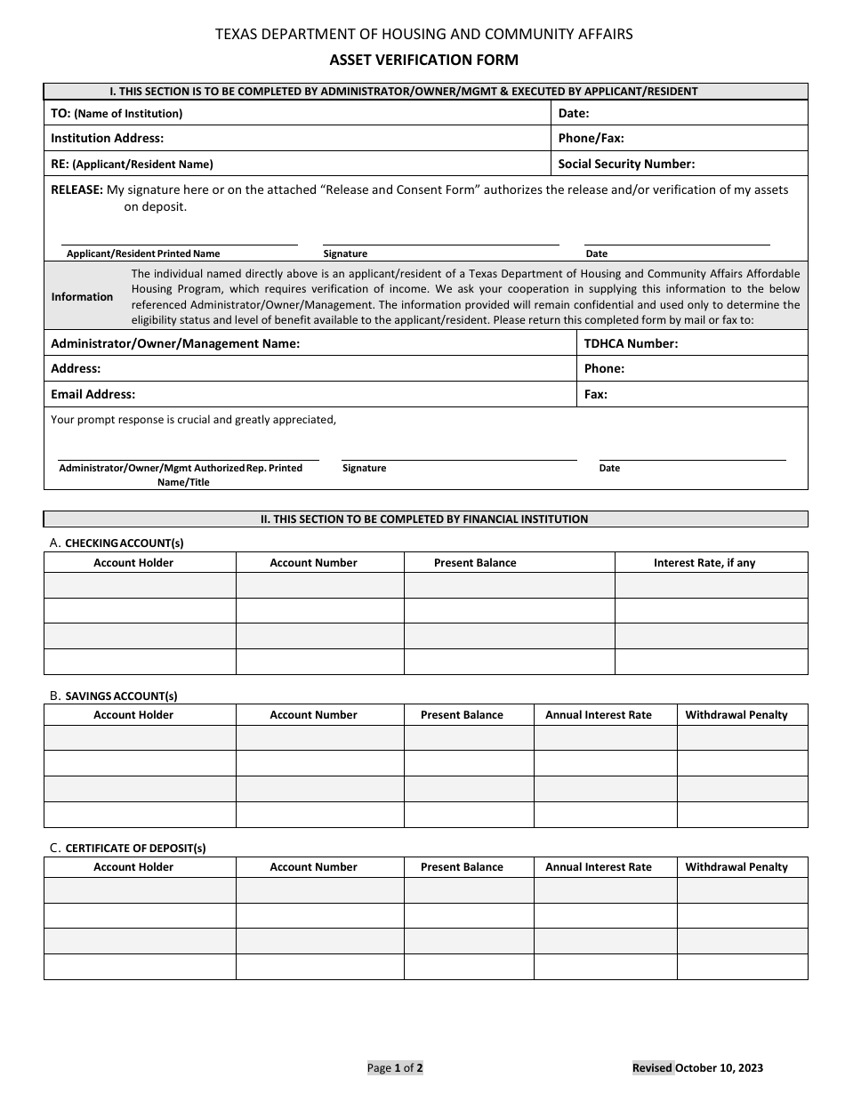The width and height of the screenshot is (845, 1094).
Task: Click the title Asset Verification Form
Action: (423, 60)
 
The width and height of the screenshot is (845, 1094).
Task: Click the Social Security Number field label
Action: (626, 164)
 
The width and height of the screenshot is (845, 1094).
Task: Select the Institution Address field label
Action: (107, 138)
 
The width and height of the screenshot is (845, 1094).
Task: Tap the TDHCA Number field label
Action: (631, 343)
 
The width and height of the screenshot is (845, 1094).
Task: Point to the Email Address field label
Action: (93, 394)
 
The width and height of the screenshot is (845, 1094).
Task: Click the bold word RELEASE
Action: (77, 189)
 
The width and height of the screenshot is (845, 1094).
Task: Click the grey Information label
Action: (82, 297)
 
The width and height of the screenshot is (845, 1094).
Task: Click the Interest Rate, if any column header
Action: (704, 563)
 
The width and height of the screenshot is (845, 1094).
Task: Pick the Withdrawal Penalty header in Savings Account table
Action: (736, 715)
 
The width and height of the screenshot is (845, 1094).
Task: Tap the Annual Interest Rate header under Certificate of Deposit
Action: (598, 867)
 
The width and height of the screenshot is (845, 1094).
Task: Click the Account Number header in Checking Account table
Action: (313, 563)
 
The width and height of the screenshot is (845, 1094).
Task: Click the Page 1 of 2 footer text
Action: (395, 1068)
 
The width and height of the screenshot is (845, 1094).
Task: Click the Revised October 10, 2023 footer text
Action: (697, 1068)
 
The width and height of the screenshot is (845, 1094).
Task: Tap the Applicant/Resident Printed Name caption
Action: (142, 253)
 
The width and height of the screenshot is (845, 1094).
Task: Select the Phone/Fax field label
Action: (591, 138)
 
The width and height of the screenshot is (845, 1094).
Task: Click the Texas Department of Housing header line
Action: (423, 34)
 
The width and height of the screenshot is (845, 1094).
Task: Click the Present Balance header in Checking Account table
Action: (474, 563)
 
